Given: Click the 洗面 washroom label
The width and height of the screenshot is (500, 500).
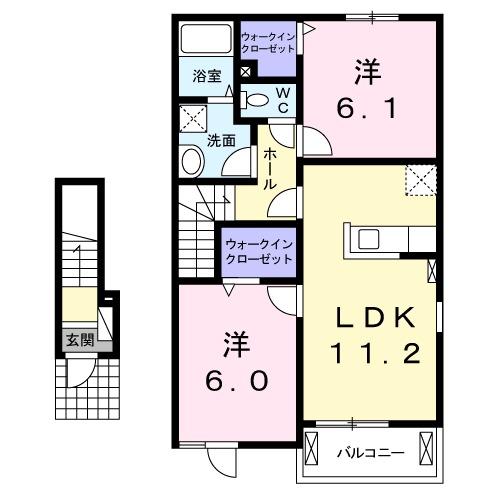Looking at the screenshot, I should pyautogui.click(x=221, y=141).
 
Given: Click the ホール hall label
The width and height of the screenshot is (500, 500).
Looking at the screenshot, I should pyautogui.click(x=271, y=170).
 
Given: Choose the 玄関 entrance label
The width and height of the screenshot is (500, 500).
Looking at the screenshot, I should pyautogui.click(x=80, y=340).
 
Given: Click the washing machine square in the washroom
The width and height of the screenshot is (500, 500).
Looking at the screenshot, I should pyautogui.click(x=194, y=120).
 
